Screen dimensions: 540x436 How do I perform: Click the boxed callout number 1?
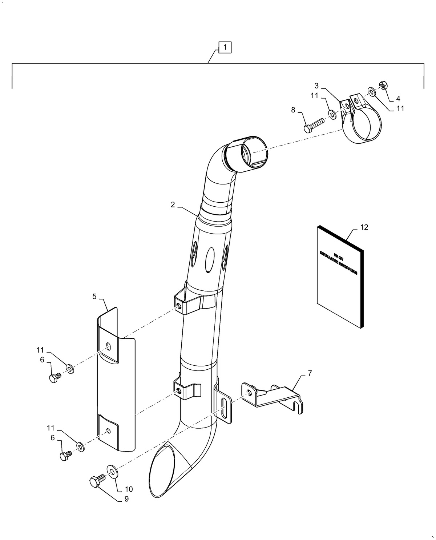[x=225, y=47]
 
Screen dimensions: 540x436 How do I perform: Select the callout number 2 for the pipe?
[x=173, y=205]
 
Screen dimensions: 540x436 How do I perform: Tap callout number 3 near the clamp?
[x=316, y=86]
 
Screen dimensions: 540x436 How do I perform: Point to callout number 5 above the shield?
[x=94, y=297]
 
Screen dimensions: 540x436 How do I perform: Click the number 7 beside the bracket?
[x=310, y=373]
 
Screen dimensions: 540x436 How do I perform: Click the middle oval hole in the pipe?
[x=210, y=259]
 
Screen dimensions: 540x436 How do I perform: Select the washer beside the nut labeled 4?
[x=371, y=91]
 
